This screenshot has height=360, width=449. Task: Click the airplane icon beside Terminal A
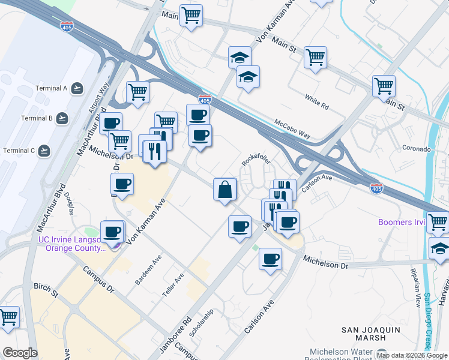pos(77,89)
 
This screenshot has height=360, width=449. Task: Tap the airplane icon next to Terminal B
pos(62,118)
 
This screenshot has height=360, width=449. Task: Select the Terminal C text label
pos(19,150)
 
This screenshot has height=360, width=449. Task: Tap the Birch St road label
pos(46,290)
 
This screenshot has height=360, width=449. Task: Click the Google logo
pos(20,353)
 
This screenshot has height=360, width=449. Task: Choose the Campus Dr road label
pos(98,280)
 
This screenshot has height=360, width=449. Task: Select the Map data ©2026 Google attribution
pos(412,355)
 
